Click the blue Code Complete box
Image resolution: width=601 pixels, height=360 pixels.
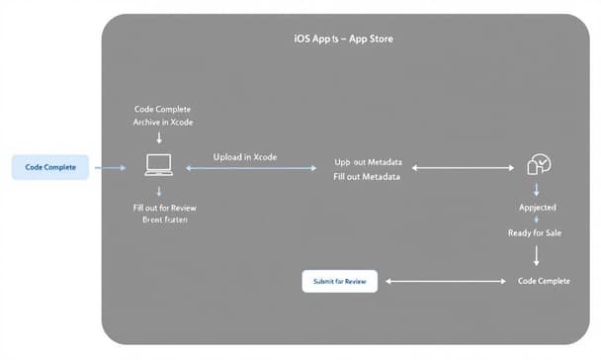point(50,167)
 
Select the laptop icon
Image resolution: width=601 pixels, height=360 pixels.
point(159,165)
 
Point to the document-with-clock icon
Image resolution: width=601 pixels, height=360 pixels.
point(539,166)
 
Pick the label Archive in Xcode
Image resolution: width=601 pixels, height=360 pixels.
point(163,122)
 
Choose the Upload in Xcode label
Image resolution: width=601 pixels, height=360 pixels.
point(244,157)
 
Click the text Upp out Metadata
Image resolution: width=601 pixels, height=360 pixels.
point(367,160)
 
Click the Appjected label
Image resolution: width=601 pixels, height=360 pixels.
point(537,209)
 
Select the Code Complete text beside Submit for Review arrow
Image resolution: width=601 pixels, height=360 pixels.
point(544,281)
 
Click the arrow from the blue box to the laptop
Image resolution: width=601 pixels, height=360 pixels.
point(110,168)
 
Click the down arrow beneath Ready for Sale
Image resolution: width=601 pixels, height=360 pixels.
point(536,255)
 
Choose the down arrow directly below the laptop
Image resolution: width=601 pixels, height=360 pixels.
point(159,190)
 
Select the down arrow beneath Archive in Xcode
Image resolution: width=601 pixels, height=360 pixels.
point(159,138)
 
